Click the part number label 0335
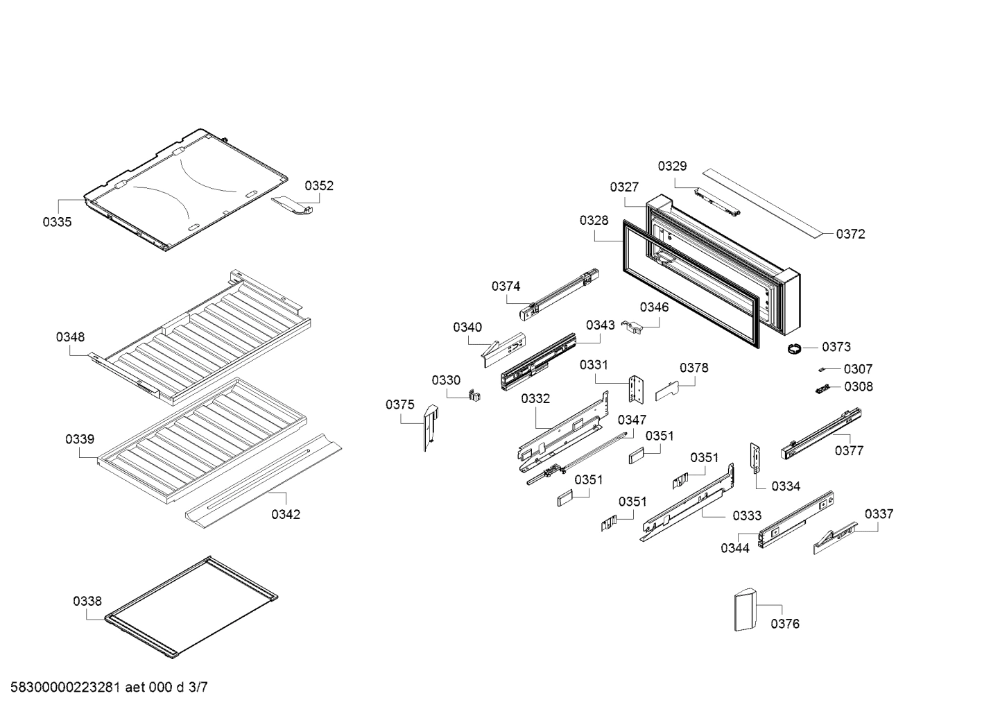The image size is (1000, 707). [x=57, y=222]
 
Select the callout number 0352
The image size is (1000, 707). [x=319, y=185]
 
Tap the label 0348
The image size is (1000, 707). [x=71, y=337]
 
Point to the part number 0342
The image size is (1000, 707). [x=286, y=514]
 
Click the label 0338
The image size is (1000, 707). [x=87, y=602]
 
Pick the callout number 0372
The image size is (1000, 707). [x=850, y=234]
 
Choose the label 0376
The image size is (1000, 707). [x=785, y=624]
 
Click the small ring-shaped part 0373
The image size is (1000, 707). [x=793, y=349]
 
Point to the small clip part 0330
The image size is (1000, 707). [x=475, y=395]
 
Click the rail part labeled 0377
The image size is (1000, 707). [x=821, y=434]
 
